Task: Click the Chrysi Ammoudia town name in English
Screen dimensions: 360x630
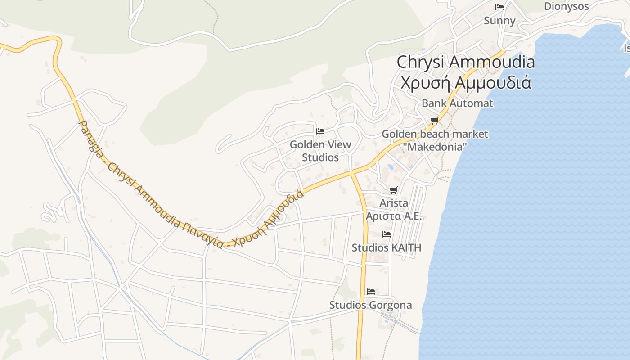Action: pyautogui.click(x=465, y=62)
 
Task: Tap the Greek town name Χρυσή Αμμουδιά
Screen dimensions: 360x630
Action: pyautogui.click(x=465, y=83)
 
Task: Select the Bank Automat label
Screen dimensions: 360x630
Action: pyautogui.click(x=457, y=103)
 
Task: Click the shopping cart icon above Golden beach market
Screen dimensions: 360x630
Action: pyautogui.click(x=434, y=120)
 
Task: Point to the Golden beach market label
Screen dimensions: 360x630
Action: pyautogui.click(x=435, y=134)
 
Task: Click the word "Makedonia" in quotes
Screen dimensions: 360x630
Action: pyautogui.click(x=435, y=147)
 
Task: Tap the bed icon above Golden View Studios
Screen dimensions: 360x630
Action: pyautogui.click(x=320, y=131)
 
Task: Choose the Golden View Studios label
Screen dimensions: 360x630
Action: pyautogui.click(x=320, y=151)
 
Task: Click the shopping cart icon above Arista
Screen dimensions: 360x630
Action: pyautogui.click(x=394, y=190)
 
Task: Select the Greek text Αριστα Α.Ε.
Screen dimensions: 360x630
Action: pyautogui.click(x=394, y=216)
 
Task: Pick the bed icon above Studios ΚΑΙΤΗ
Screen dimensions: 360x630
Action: pyautogui.click(x=386, y=234)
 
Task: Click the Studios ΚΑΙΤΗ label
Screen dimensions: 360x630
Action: pyautogui.click(x=386, y=247)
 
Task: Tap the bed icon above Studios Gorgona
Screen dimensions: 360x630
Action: pyautogui.click(x=371, y=292)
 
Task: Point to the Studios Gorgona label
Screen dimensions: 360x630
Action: pyautogui.click(x=370, y=305)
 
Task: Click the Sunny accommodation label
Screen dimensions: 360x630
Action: pyautogui.click(x=499, y=21)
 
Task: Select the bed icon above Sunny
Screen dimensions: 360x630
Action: pyautogui.click(x=499, y=7)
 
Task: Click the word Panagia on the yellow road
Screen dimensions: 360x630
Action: pyautogui.click(x=90, y=135)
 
